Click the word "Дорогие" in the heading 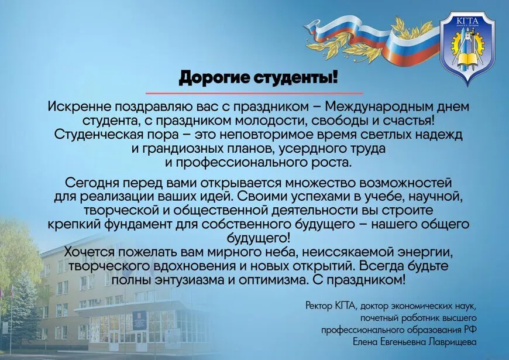[x=214, y=78]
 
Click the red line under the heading [x=254, y=94]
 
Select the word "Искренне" [x=79, y=107]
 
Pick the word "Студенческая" [x=96, y=135]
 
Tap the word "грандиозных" [x=178, y=149]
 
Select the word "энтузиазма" [x=189, y=280]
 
